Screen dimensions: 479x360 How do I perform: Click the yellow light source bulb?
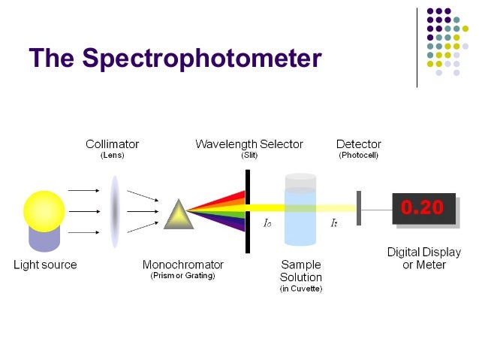click(44, 210)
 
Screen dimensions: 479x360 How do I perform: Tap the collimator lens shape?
click(115, 211)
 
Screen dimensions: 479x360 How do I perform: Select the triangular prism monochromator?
click(179, 213)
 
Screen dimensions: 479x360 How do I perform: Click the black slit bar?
click(246, 211)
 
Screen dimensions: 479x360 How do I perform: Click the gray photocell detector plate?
click(359, 208)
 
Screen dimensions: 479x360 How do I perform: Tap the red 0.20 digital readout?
click(423, 208)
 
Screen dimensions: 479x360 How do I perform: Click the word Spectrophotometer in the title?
click(202, 58)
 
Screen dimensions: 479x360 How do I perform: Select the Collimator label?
click(112, 144)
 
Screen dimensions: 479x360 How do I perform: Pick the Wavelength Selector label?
click(249, 144)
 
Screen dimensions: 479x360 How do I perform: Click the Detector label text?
click(358, 144)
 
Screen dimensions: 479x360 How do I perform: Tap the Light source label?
click(45, 265)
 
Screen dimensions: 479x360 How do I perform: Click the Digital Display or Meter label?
click(423, 258)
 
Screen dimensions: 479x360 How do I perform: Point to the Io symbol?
click(267, 223)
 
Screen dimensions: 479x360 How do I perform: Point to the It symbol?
click(334, 223)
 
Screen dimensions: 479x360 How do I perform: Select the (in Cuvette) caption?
click(300, 288)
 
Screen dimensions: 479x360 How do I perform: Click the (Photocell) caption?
click(358, 156)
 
